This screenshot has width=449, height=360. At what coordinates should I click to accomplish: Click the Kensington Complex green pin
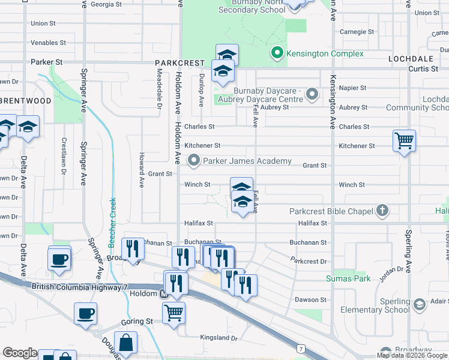pos(277,53)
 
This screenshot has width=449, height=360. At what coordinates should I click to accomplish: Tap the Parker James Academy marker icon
pos(194,161)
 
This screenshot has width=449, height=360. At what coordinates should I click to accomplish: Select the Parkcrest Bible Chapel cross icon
pos(382,211)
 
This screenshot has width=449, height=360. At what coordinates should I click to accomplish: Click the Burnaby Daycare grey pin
pos(312,94)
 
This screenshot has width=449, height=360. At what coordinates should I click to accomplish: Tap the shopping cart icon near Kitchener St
pos(405,141)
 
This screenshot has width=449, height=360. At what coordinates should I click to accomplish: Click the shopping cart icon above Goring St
pos(173,312)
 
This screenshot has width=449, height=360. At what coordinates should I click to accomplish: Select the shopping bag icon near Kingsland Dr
pos(126,343)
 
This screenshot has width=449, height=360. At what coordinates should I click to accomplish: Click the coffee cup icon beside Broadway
pos(59,259)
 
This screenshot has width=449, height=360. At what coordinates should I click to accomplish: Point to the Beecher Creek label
pos(112,223)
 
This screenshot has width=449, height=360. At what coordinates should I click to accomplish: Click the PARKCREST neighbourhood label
pos(180,62)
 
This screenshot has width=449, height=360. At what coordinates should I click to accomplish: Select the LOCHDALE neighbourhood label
pos(411,59)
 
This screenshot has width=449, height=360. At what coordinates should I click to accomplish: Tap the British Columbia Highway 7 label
pos(80,287)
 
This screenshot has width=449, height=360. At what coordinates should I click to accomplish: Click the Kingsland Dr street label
pos(220,338)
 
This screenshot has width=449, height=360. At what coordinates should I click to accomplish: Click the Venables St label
pos(48,43)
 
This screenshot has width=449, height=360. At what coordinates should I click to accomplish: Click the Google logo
pos(20,353)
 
